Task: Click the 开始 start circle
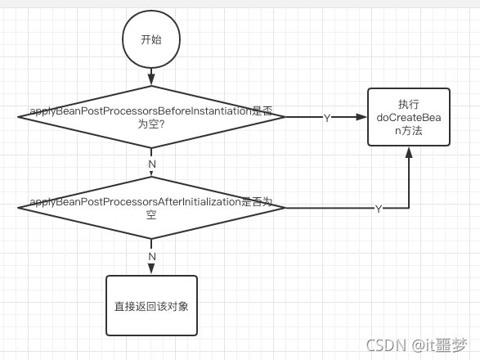click(151, 39)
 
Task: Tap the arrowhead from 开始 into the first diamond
click(151, 80)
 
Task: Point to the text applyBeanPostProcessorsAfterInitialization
click(135, 201)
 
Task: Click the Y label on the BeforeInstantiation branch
click(327, 118)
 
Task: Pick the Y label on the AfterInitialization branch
click(378, 209)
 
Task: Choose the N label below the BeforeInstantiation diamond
click(151, 164)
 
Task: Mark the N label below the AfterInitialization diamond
click(151, 256)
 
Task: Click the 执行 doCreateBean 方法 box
click(409, 117)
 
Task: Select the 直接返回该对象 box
click(151, 305)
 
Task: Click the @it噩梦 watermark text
click(440, 344)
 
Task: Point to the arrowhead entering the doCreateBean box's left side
click(362, 117)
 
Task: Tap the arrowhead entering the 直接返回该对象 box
click(151, 269)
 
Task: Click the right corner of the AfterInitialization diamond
click(284, 208)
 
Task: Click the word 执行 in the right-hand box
click(409, 104)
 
